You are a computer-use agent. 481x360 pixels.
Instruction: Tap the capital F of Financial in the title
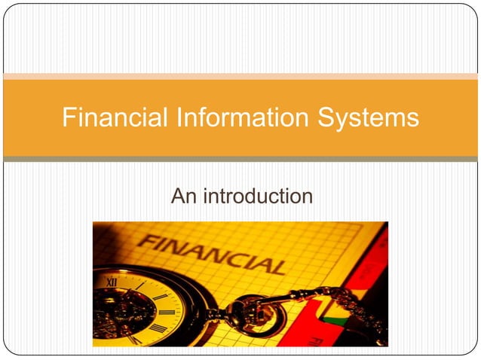pyautogui.click(x=69, y=118)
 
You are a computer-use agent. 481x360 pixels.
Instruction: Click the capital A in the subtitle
pyautogui.click(x=178, y=197)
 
